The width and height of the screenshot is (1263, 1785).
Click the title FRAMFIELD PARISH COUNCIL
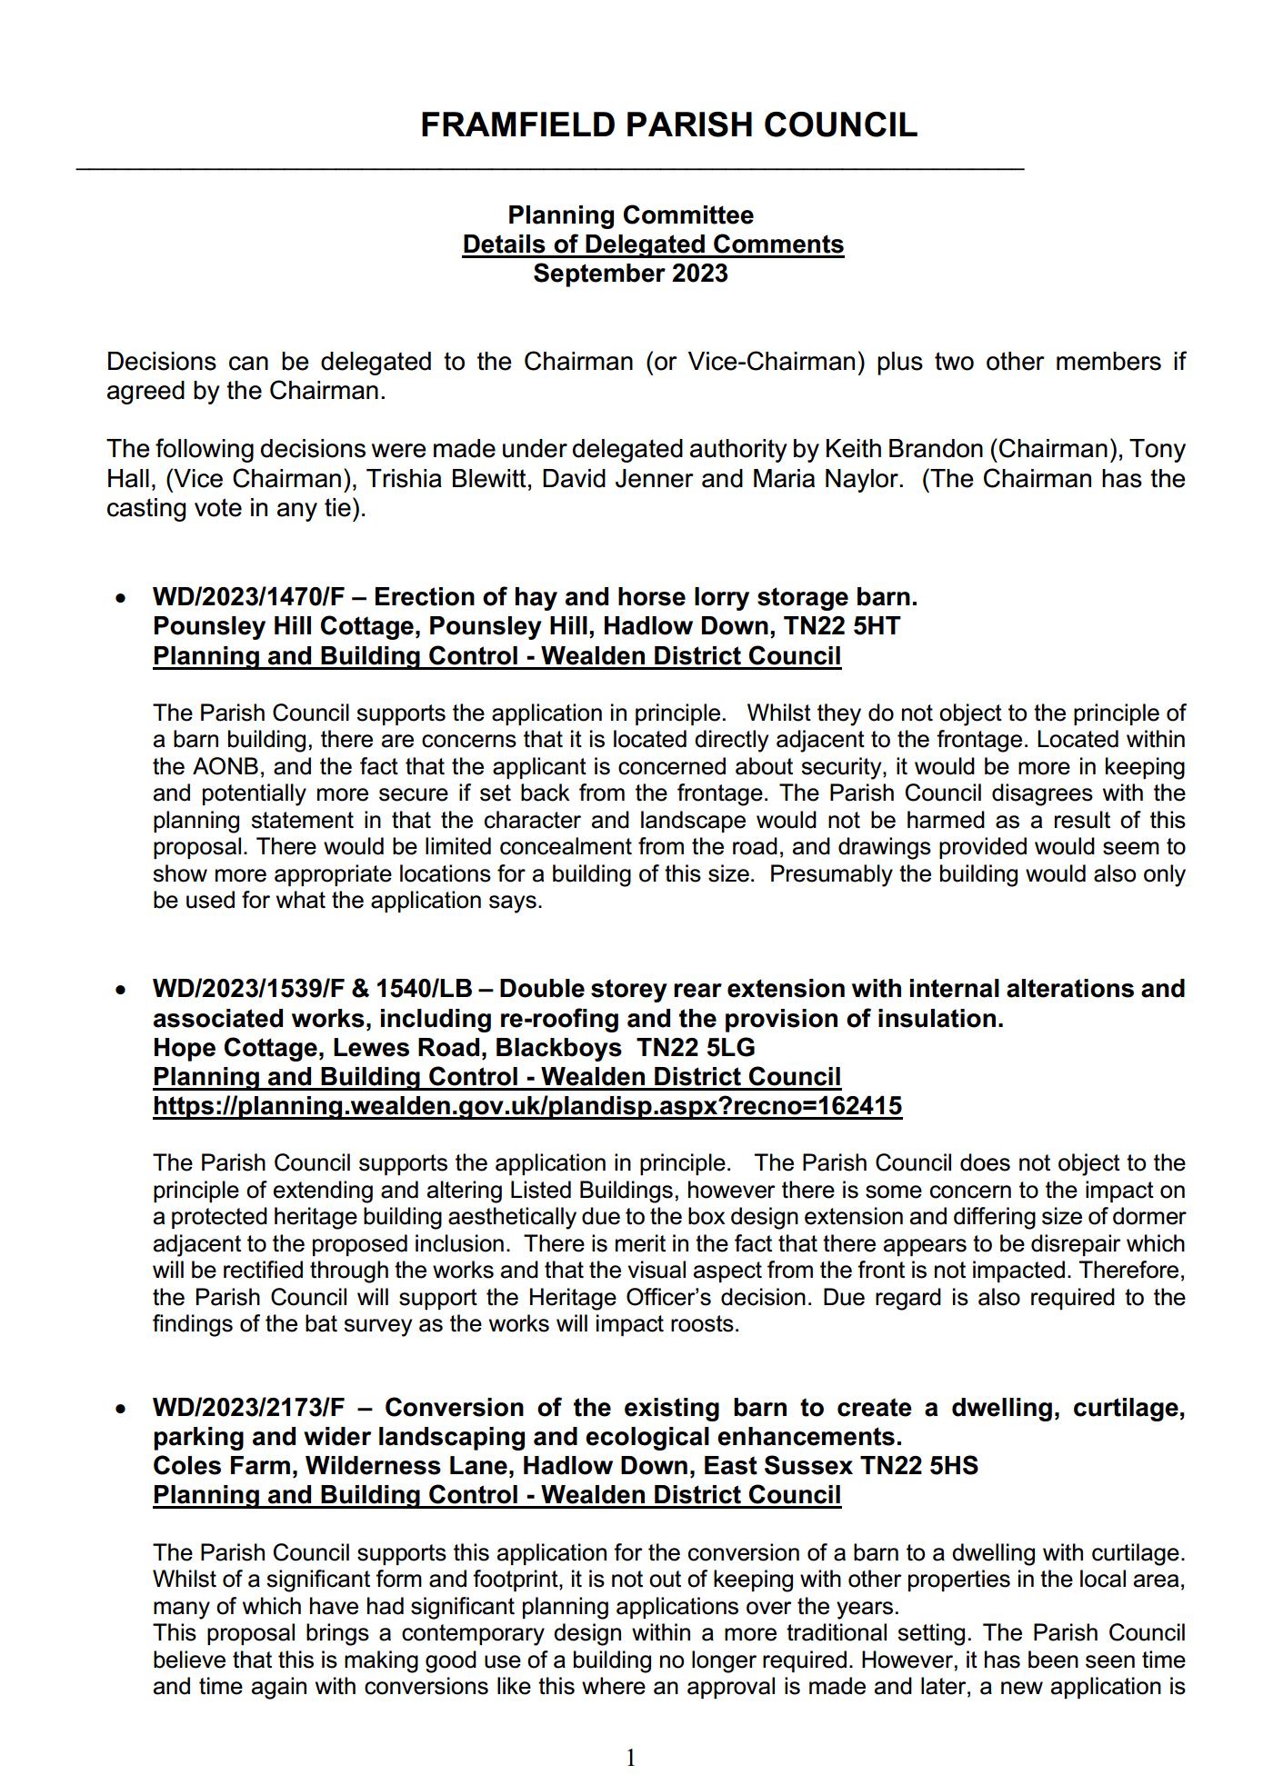pyautogui.click(x=668, y=125)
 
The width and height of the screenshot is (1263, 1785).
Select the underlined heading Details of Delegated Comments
pyautogui.click(x=653, y=244)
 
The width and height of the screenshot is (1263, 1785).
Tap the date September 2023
pyautogui.click(x=630, y=274)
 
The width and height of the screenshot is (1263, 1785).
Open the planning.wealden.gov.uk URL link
pyautogui.click(x=527, y=1106)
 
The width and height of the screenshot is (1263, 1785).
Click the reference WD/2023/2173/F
pyautogui.click(x=248, y=1408)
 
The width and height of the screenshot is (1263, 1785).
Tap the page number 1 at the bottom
pyautogui.click(x=631, y=1759)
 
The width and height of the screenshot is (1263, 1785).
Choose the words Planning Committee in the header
pyautogui.click(x=630, y=215)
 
